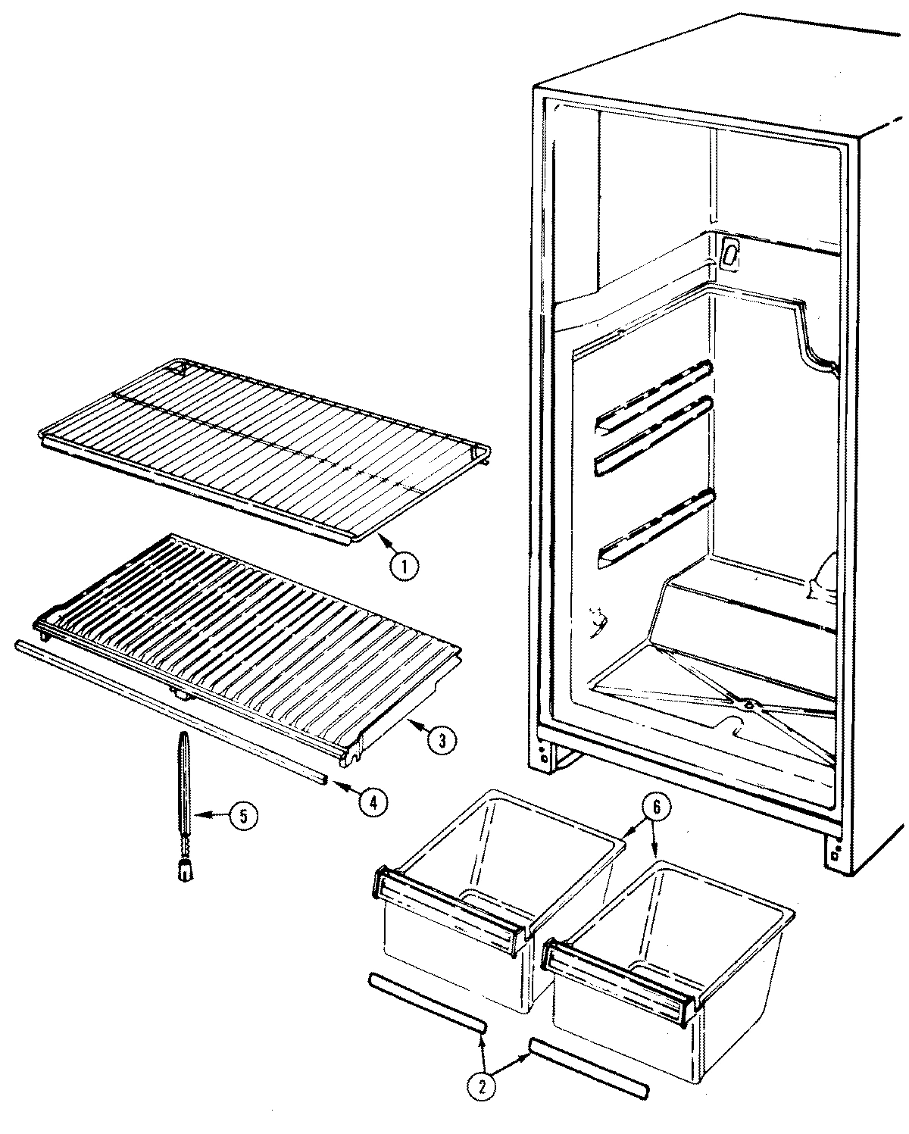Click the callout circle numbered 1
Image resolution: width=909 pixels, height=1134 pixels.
405,567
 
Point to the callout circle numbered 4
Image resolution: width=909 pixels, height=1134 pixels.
369,801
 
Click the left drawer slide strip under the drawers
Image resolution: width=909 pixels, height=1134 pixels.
426,1002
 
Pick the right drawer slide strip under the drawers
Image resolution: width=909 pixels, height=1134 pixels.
589,1066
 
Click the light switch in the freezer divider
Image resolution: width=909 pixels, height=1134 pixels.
729,254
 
